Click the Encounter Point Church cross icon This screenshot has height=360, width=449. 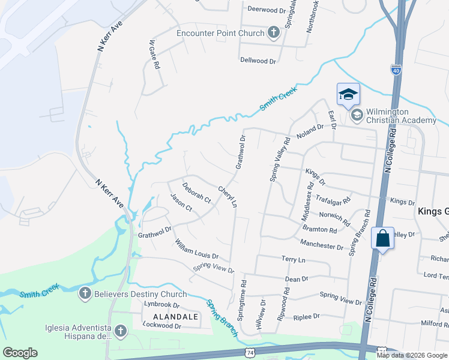click(274, 32)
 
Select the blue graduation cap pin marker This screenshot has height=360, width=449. click(348, 94)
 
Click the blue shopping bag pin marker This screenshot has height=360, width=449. click(382, 239)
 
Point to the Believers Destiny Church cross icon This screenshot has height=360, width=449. click(85, 294)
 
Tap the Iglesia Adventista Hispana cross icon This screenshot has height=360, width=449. click(121, 331)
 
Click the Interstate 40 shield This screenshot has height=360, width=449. click(396, 70)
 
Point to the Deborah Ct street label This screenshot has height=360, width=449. click(197, 193)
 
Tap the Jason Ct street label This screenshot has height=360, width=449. click(181, 202)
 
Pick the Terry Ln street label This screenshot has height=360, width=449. click(294, 259)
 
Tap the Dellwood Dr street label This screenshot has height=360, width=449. click(258, 61)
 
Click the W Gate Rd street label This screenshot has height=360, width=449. click(154, 54)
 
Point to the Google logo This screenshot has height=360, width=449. click(20, 353)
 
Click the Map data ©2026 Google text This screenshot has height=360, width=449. click(412, 355)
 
